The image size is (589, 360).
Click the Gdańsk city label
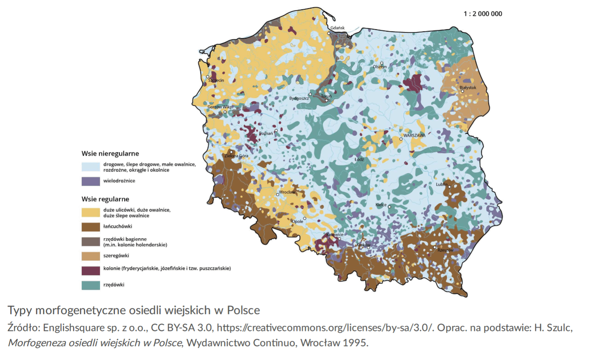click(x=337, y=28)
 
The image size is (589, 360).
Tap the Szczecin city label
click(x=216, y=80)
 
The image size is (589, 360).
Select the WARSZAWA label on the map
click(x=414, y=136)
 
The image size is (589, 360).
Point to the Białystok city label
click(x=467, y=88)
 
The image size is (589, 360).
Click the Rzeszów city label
click(x=445, y=250)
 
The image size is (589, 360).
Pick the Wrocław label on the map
click(x=287, y=192)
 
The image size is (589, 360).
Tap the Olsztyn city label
click(x=380, y=67)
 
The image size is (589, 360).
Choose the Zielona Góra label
click(x=237, y=156)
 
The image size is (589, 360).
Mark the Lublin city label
click(x=441, y=184)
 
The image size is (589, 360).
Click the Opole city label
click(x=298, y=221)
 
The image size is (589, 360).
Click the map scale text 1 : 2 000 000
click(x=483, y=14)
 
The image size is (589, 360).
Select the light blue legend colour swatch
click(x=91, y=167)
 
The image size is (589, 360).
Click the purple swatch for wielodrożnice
click(x=91, y=181)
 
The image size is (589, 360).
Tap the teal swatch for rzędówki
click(x=91, y=285)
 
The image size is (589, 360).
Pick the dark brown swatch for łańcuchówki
click(x=91, y=227)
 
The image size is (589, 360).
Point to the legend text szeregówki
click(x=116, y=256)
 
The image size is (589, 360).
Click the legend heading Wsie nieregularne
click(x=110, y=154)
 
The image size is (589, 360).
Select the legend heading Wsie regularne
click(x=105, y=199)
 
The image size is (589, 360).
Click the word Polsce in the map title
click(x=243, y=310)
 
